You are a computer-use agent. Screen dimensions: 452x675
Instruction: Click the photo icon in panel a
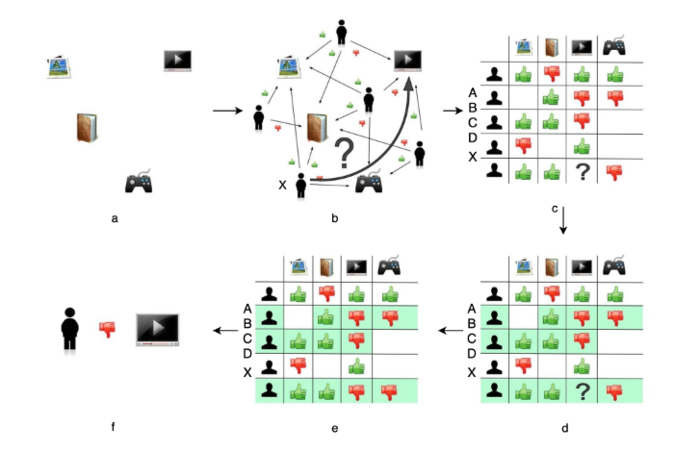(x=62, y=66)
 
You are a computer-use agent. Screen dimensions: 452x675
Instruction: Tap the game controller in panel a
(x=140, y=182)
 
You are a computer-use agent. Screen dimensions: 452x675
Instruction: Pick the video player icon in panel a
(x=177, y=61)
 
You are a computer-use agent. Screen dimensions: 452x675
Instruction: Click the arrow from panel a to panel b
(x=226, y=111)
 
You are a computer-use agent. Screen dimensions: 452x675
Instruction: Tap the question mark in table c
(x=581, y=170)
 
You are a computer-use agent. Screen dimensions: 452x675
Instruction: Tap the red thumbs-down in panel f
(x=108, y=329)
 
